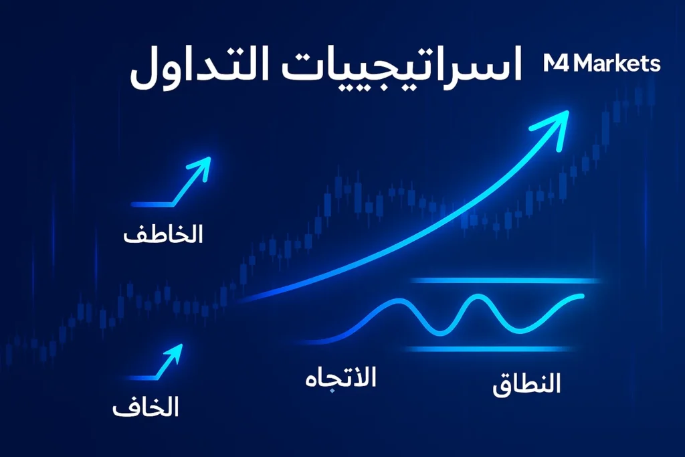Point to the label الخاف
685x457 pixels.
145,406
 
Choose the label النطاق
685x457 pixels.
526,385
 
